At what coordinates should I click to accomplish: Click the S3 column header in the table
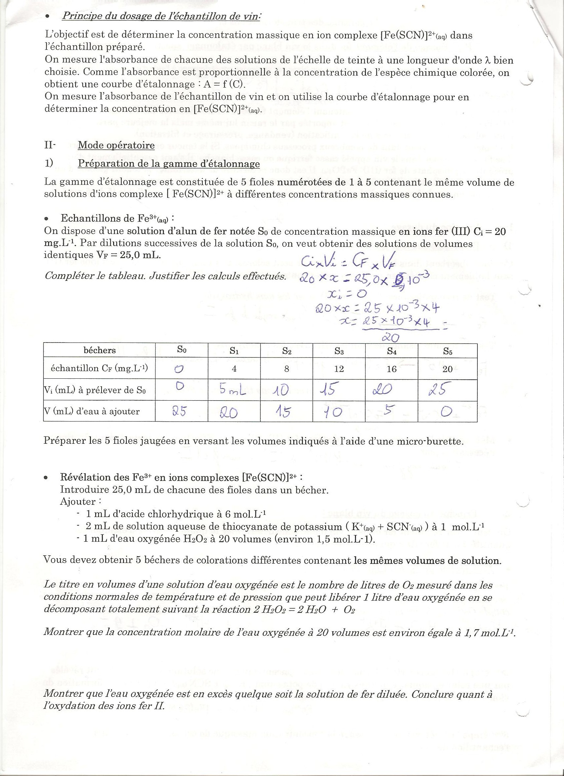339,351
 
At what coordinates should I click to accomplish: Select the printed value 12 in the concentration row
339,369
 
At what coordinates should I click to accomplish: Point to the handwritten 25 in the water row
179,412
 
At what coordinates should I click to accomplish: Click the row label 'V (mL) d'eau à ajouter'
92,411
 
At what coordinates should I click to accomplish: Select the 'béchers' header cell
100,350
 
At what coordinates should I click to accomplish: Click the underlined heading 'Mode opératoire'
116,145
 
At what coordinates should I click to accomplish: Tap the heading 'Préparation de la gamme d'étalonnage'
169,164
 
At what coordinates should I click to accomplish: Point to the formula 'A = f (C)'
223,85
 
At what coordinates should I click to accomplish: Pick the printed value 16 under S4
391,369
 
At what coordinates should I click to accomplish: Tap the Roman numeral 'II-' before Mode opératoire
49,145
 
